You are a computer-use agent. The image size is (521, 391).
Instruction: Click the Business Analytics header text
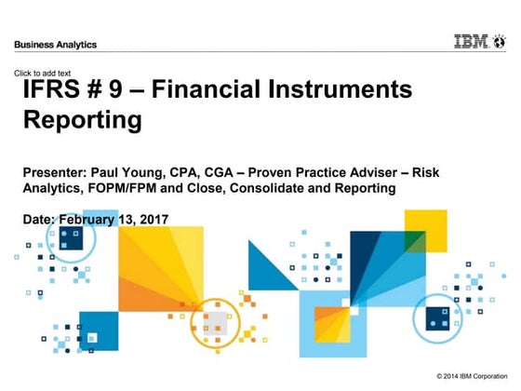click(55, 45)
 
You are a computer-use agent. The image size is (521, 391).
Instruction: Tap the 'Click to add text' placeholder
click(44, 73)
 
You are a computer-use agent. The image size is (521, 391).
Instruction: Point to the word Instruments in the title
click(336, 90)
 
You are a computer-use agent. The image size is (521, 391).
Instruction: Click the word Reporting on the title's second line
click(83, 120)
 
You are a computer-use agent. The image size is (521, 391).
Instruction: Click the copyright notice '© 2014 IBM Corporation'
click(474, 374)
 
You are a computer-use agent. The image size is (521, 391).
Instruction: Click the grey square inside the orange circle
click(216, 321)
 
